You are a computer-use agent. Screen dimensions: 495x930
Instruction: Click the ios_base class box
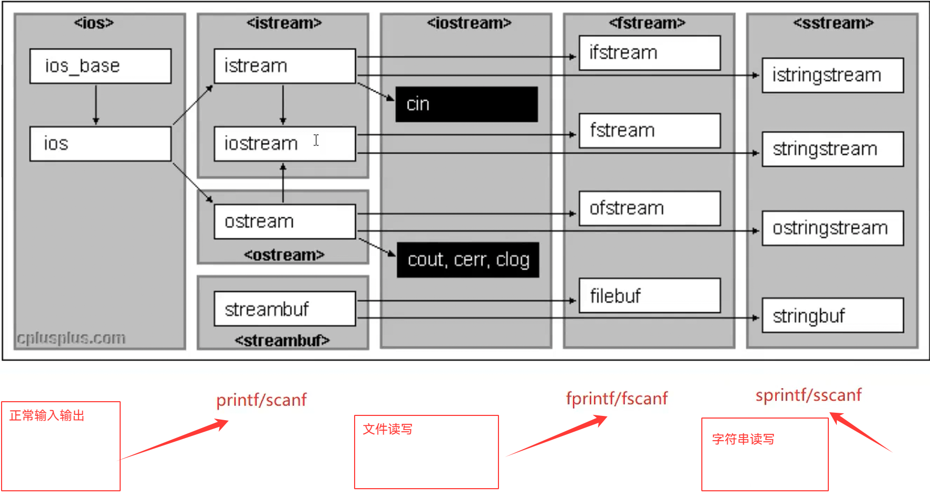(x=100, y=66)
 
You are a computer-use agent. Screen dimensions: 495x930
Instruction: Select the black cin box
(x=466, y=104)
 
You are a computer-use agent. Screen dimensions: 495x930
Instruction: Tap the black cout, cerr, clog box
(x=468, y=260)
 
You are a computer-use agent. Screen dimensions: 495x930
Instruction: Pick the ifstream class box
(x=649, y=53)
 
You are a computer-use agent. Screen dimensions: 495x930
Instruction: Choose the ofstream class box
(x=649, y=208)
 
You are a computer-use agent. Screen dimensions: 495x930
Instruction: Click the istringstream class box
(x=833, y=75)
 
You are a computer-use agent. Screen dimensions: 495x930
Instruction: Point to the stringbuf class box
(x=833, y=316)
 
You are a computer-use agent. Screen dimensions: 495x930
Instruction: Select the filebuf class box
(x=649, y=296)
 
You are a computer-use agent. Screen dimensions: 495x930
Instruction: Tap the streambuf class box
(x=285, y=309)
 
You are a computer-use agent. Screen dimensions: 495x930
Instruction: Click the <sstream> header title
(x=833, y=23)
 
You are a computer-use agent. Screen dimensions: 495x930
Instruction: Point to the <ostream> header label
(x=284, y=255)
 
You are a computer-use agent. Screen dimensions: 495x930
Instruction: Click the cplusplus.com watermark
(x=71, y=338)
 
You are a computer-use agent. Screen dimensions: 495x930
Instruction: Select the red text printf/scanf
(x=261, y=400)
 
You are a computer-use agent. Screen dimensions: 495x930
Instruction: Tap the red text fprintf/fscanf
(x=616, y=399)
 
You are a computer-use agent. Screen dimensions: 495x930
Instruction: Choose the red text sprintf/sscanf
(x=808, y=395)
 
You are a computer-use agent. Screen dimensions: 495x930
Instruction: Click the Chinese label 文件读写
(x=387, y=429)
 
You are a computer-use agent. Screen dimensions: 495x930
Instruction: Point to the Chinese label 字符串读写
(x=743, y=439)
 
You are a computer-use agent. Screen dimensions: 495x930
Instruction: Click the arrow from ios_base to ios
(x=96, y=104)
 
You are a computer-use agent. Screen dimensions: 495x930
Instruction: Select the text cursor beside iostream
(x=316, y=140)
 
